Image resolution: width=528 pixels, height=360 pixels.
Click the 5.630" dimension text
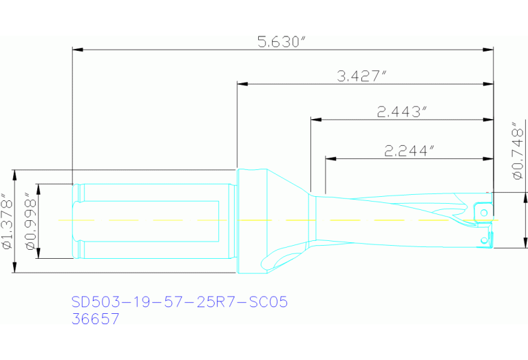281,41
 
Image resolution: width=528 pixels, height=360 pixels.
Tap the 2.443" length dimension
403,112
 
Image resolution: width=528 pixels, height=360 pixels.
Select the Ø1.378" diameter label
8,221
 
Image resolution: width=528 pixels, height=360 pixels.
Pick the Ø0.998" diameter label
29,221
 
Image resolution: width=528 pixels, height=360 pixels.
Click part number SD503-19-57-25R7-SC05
179,301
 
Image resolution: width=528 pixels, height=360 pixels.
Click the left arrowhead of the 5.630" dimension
77,50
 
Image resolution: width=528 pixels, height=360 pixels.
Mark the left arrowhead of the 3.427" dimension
242,84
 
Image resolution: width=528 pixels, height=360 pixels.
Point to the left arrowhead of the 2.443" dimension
315,120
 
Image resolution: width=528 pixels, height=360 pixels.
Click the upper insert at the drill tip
484,207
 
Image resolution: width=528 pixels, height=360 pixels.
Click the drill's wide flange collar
251,220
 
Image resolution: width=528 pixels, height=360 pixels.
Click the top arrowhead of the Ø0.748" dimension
526,197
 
